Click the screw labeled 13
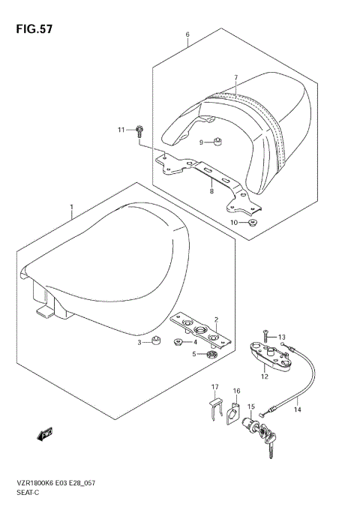pyautogui.click(x=265, y=337)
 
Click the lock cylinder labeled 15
pyautogui.click(x=233, y=412)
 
